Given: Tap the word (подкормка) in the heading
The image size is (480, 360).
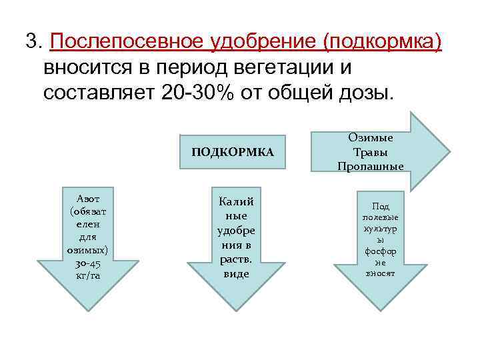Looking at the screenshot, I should (x=382, y=42).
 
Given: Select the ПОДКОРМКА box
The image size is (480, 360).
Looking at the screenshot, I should (x=233, y=152).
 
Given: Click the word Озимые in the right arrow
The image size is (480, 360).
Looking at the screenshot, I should (x=370, y=137).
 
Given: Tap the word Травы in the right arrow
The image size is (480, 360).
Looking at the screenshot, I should (x=370, y=151).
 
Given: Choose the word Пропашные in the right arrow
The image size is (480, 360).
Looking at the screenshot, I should (x=370, y=166).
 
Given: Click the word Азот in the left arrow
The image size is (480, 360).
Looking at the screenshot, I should (x=88, y=198).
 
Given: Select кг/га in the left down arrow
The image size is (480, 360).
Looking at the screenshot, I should (x=88, y=275).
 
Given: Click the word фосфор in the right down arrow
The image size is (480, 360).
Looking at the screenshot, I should (x=380, y=251).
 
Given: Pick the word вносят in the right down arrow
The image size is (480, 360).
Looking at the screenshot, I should (x=380, y=273).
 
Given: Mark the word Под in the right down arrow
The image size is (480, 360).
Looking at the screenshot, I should (x=380, y=207).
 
